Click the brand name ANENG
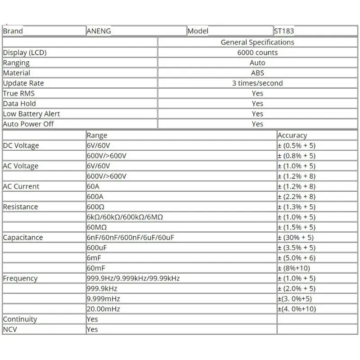[x=99, y=31]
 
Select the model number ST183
[x=284, y=31]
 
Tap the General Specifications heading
[x=257, y=42]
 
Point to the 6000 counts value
[x=257, y=53]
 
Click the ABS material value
[x=257, y=73]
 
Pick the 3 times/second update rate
[x=257, y=83]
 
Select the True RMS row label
[x=19, y=94]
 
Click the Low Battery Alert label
[x=31, y=114]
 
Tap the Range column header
[x=97, y=135]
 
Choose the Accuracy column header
[x=292, y=135]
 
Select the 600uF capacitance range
[x=97, y=248]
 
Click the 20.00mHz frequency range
[x=103, y=309]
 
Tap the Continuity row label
[x=20, y=319]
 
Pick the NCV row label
[x=11, y=329]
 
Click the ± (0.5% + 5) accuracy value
[x=297, y=146]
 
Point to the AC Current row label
[x=21, y=186]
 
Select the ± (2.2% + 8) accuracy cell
[x=297, y=197]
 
